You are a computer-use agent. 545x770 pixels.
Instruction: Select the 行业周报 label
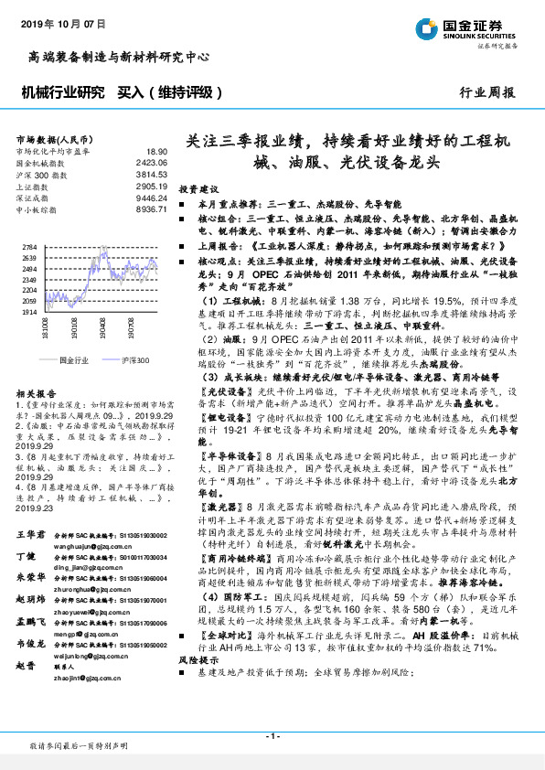pos(486,93)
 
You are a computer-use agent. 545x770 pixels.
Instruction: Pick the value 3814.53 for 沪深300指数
pos(152,174)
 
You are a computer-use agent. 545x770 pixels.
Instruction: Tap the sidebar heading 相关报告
pos(36,391)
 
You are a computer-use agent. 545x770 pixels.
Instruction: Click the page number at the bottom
pos(272,736)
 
